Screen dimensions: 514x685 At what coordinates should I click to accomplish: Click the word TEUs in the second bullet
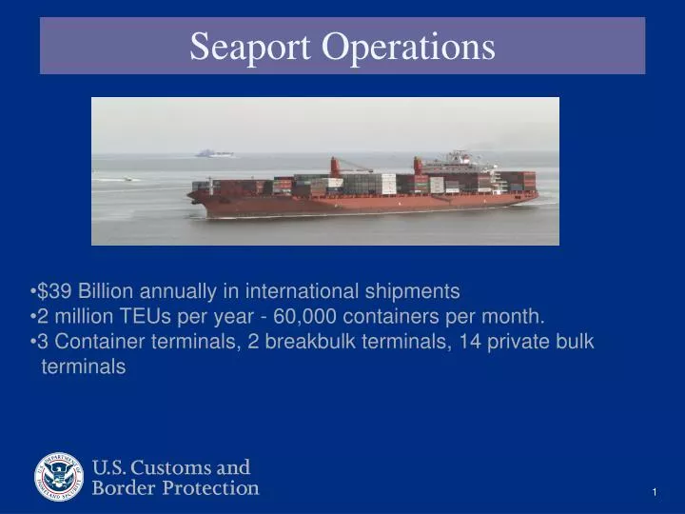pos(146,316)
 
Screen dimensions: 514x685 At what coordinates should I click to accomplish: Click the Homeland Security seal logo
pos(60,476)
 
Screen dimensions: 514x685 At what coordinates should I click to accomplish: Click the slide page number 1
pos(656,491)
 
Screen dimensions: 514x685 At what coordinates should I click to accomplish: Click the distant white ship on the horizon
pos(214,152)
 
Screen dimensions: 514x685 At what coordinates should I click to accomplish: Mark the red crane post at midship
pos(335,167)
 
